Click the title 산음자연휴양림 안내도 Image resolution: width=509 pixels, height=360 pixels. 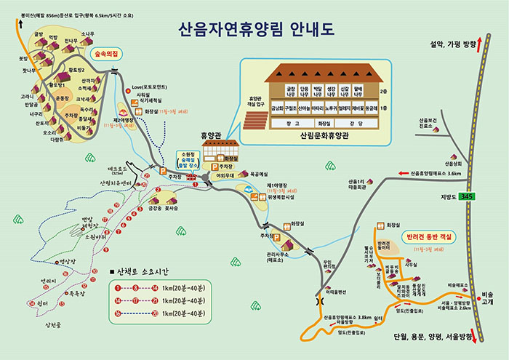point(255,31)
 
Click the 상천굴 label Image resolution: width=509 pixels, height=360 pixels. point(55,325)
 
